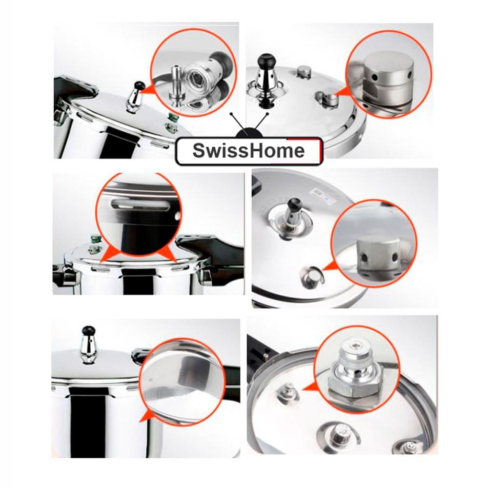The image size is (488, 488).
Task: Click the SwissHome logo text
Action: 248,151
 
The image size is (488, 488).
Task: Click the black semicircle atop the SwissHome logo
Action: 249,133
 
